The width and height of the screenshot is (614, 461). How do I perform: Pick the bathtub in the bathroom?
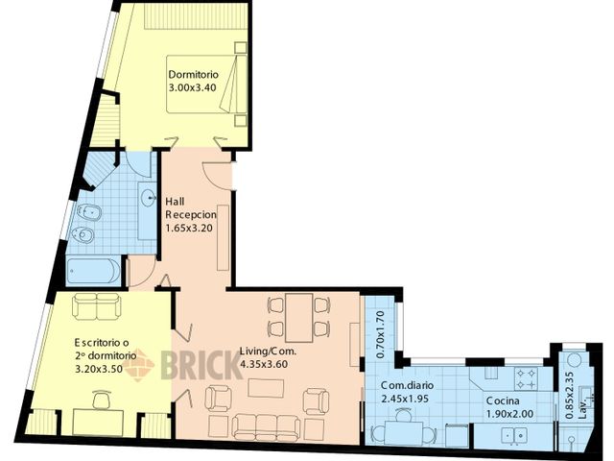[x=93, y=271]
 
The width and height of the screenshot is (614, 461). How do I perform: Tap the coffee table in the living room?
[x=266, y=389]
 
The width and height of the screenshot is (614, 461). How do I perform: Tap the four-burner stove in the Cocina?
[x=526, y=376]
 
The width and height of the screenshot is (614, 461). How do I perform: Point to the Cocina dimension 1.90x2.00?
[x=509, y=414]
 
